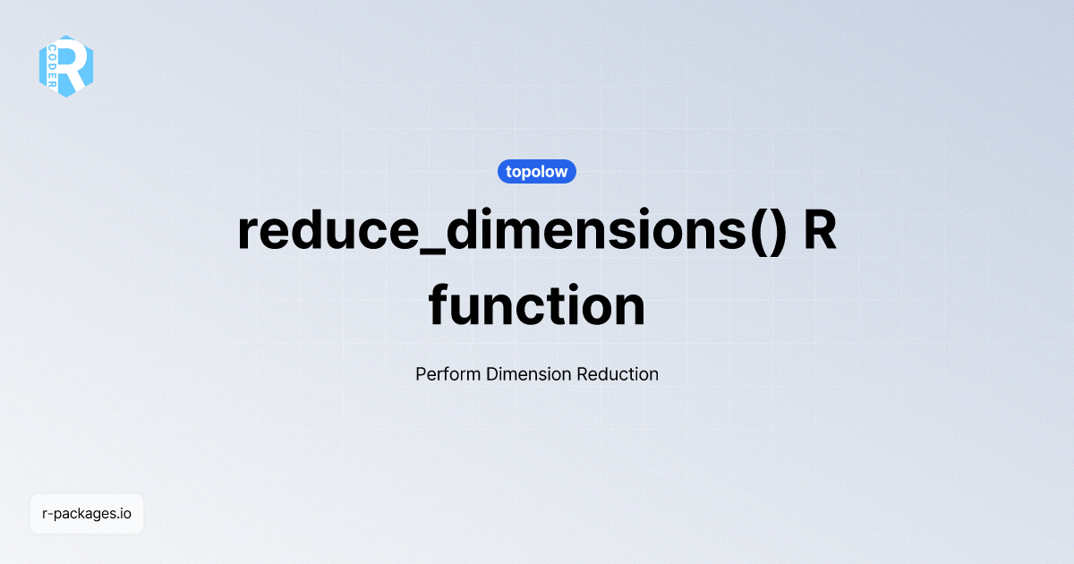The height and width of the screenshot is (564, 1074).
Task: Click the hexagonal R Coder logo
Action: click(66, 66)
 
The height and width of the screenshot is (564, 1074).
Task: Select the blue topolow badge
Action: click(536, 171)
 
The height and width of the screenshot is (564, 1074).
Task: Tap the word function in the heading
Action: click(536, 305)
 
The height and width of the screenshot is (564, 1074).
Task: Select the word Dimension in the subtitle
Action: click(529, 374)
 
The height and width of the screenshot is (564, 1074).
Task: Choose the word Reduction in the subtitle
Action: click(618, 374)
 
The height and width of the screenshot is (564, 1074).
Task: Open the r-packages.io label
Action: click(87, 514)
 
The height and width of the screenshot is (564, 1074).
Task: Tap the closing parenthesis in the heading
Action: click(775, 232)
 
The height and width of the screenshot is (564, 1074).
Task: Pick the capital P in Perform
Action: click(422, 374)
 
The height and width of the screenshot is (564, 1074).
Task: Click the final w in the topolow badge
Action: click(561, 172)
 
